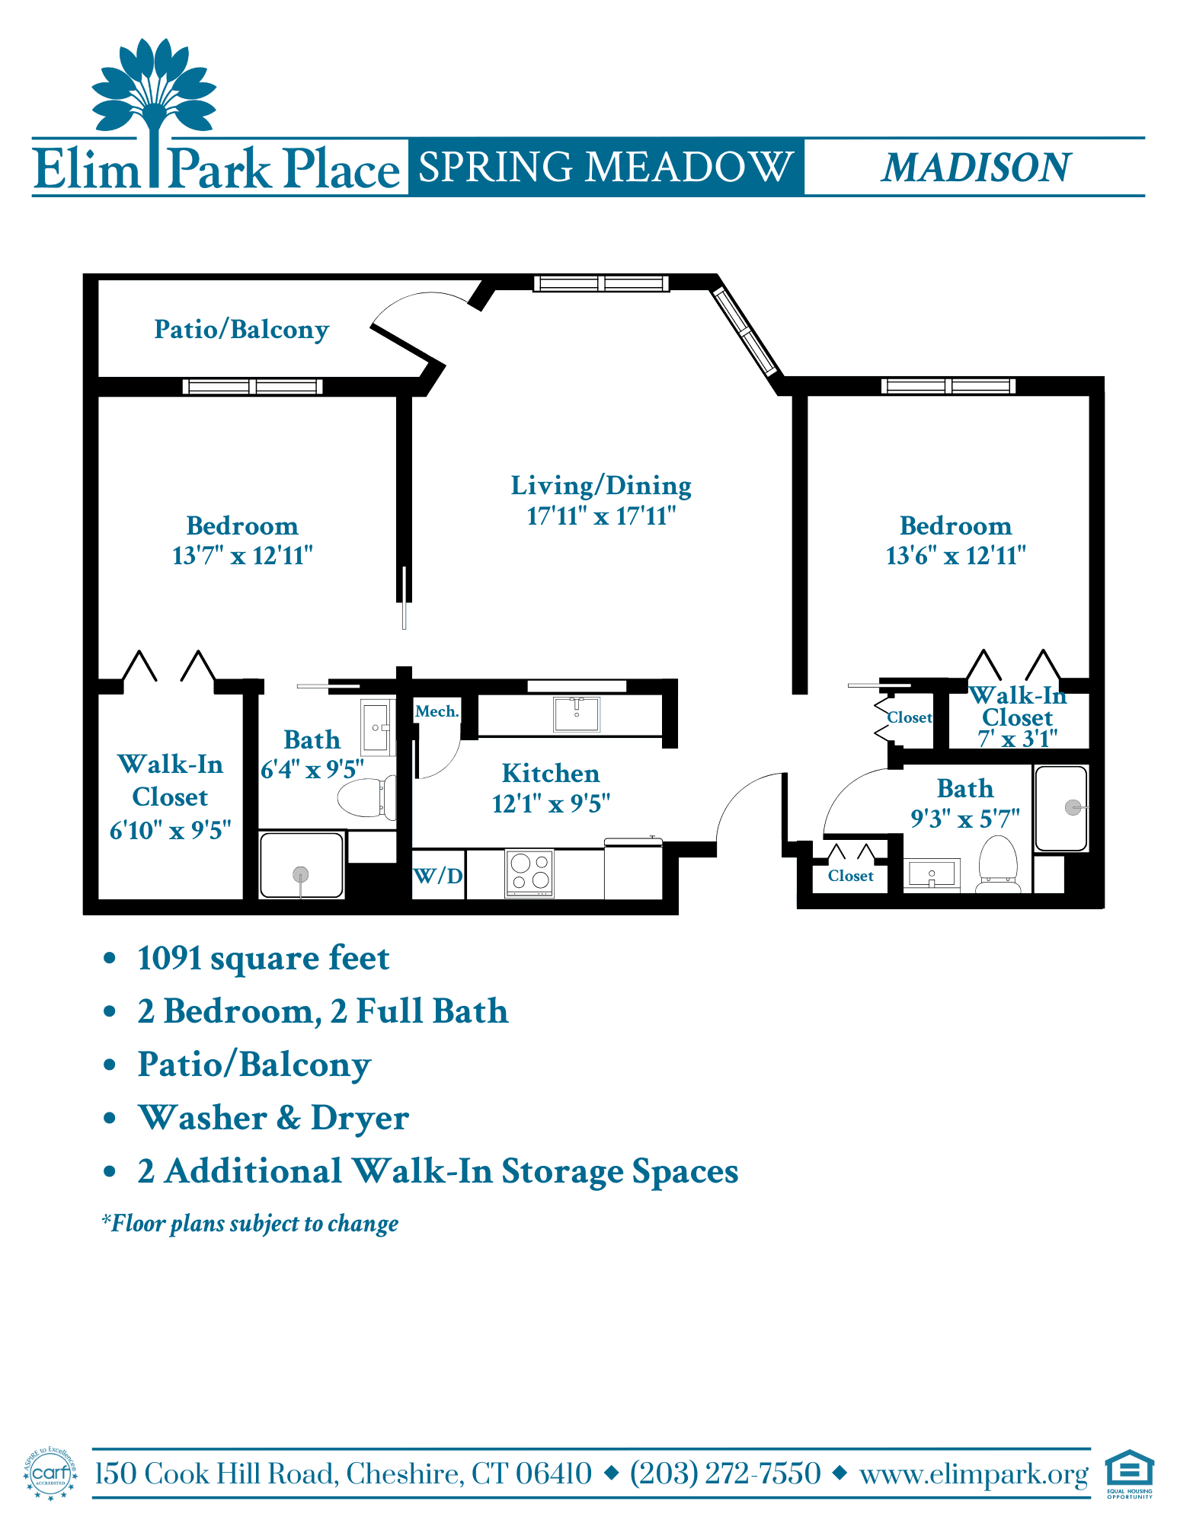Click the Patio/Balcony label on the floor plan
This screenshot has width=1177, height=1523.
click(241, 330)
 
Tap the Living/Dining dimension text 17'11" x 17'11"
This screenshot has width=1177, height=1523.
click(601, 516)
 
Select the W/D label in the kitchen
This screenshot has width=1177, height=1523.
click(438, 876)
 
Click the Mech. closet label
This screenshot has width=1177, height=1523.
click(437, 711)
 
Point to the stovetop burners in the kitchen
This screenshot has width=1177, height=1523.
click(530, 872)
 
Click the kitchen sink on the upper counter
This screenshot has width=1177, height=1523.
click(577, 714)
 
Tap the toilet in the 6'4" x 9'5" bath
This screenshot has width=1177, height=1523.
click(367, 797)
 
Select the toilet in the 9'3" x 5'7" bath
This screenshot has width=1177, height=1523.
click(998, 864)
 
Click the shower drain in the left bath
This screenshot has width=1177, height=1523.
click(301, 874)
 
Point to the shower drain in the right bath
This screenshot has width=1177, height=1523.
click(1073, 807)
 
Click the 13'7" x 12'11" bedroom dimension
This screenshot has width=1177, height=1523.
click(242, 556)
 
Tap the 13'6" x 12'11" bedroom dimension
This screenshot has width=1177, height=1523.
click(955, 556)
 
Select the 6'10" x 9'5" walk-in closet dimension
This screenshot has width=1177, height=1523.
click(170, 830)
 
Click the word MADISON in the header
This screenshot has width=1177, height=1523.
click(976, 168)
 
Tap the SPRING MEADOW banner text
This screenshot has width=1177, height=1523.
click(606, 167)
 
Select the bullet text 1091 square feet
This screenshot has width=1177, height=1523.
click(264, 958)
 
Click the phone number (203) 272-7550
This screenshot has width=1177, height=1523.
click(725, 1474)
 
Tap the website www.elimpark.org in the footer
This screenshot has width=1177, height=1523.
click(974, 1475)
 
